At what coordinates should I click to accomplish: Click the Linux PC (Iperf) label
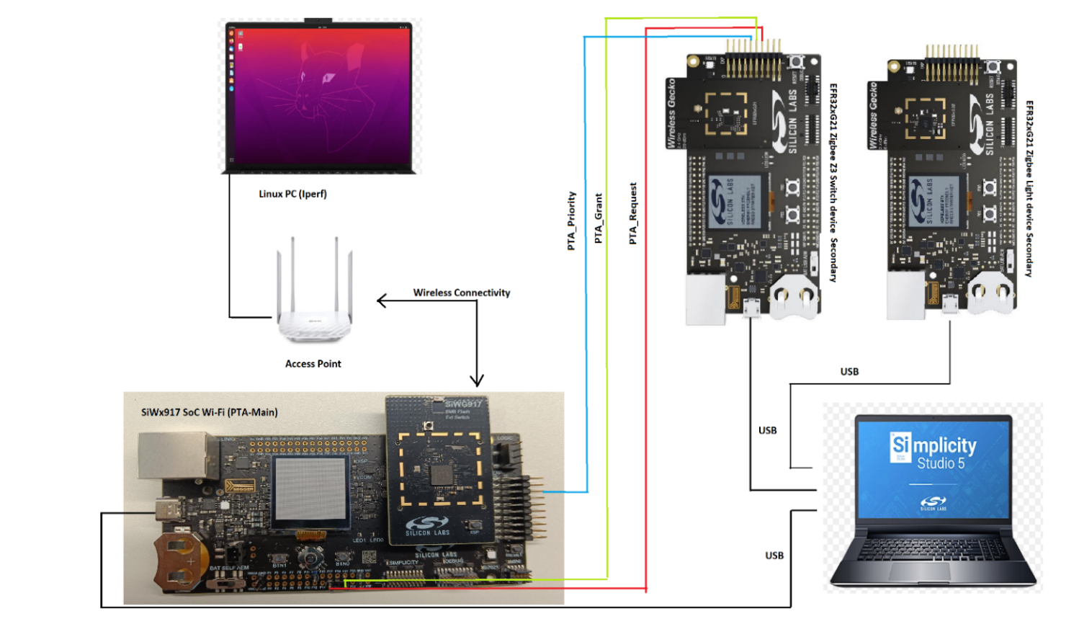click(x=292, y=194)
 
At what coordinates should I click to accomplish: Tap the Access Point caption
click(x=313, y=364)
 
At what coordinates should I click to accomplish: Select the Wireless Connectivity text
click(x=461, y=293)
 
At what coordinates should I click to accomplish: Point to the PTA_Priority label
click(x=571, y=220)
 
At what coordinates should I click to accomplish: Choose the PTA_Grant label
click(x=598, y=218)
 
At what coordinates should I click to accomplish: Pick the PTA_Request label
click(x=632, y=213)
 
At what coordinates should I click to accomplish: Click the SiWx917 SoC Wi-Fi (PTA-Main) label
click(x=209, y=412)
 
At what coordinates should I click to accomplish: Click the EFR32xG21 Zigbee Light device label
click(x=1029, y=188)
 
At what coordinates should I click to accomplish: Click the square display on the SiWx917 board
click(x=311, y=489)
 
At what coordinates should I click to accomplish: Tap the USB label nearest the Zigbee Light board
click(x=849, y=372)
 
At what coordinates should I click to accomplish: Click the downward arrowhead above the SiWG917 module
click(x=477, y=380)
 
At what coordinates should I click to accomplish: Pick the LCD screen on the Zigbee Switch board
click(x=734, y=202)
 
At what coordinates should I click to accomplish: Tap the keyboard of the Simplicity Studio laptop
click(x=932, y=551)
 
